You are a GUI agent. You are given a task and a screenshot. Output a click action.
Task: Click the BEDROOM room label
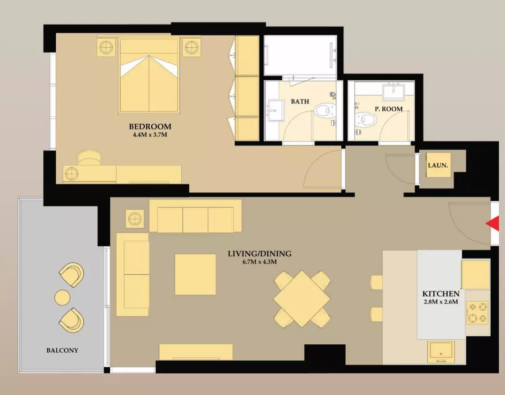click(x=150, y=126)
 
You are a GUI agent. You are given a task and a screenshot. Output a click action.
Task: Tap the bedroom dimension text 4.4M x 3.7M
click(x=150, y=135)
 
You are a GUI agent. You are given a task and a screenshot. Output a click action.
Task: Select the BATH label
click(x=300, y=102)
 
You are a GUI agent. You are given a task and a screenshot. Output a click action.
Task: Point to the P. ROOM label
click(x=389, y=109)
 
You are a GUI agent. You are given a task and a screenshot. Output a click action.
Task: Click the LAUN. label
click(x=438, y=166)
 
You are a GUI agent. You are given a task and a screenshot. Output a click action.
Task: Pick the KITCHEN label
click(x=440, y=294)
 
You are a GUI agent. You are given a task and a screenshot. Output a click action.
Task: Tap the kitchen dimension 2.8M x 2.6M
click(x=440, y=302)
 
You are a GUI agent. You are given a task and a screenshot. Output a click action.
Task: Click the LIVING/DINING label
click(x=260, y=254)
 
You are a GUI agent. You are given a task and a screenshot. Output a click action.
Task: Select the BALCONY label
click(x=62, y=350)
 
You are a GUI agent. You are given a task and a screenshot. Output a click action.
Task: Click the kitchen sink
click(x=441, y=352)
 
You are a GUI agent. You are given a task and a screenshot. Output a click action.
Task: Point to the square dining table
click(x=302, y=299)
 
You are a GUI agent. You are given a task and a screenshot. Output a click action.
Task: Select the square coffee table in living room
click(x=195, y=274)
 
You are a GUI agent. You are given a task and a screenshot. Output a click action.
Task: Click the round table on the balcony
click(x=62, y=297)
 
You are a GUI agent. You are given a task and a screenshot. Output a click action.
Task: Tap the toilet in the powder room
click(x=366, y=120)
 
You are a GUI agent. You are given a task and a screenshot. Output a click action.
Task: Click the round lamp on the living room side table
click(x=135, y=219)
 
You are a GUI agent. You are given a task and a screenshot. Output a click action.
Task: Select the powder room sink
click(x=393, y=91)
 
